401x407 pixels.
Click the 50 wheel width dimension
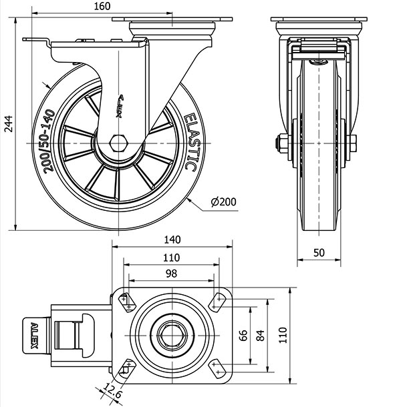pyautogui.click(x=318, y=253)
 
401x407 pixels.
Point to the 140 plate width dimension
pyautogui.click(x=172, y=240)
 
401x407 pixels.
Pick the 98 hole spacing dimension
pyautogui.click(x=172, y=274)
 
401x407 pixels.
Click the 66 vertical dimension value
pyautogui.click(x=243, y=334)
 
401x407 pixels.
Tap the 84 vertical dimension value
pyautogui.click(x=260, y=334)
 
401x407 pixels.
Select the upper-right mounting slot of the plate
pyautogui.click(x=219, y=302)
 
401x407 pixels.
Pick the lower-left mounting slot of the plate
pyautogui.click(x=125, y=365)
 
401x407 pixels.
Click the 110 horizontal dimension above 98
pyautogui.click(x=172, y=257)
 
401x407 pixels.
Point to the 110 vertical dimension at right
pyautogui.click(x=283, y=334)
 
